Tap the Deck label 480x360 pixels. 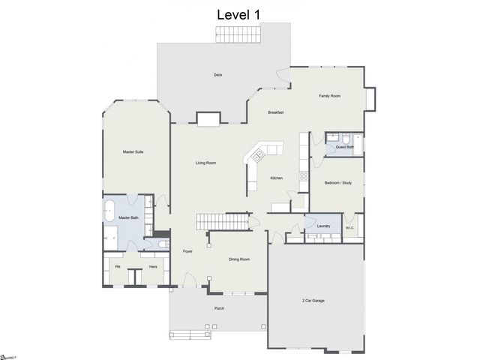(x=217, y=75)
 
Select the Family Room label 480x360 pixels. (x=329, y=96)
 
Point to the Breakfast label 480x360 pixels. (x=275, y=112)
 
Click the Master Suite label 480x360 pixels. (x=133, y=152)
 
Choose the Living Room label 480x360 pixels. (x=205, y=163)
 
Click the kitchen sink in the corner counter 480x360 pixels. (x=258, y=156)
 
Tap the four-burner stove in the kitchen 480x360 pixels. (x=304, y=177)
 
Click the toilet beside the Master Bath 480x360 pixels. (x=164, y=244)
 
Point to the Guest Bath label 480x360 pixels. (x=344, y=147)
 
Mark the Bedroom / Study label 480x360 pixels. (x=337, y=182)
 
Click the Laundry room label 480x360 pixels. (x=323, y=226)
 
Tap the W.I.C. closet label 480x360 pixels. (x=349, y=228)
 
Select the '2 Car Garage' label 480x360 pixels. (x=313, y=300)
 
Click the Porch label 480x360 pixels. (x=219, y=308)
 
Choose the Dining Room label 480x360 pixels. (x=238, y=259)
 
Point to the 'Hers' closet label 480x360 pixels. (x=153, y=267)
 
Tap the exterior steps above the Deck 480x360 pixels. (x=238, y=34)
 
